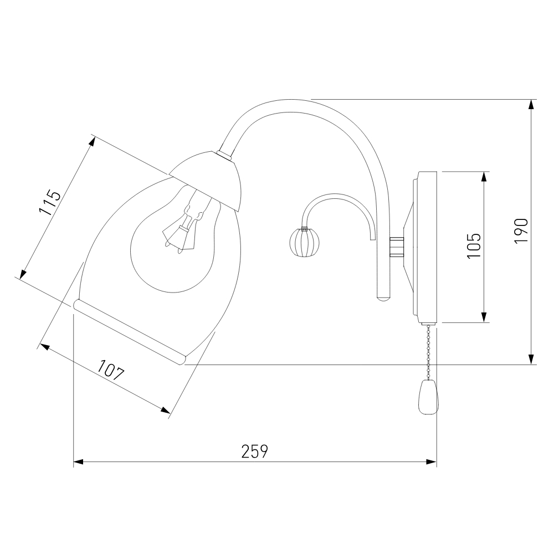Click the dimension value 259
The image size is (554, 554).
tap(255, 451)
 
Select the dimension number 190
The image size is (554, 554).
tap(521, 230)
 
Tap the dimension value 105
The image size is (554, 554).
tap(474, 246)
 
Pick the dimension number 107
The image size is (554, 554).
tap(111, 370)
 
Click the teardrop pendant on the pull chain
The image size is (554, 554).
tap(428, 397)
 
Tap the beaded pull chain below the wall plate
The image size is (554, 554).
tap(429, 351)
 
